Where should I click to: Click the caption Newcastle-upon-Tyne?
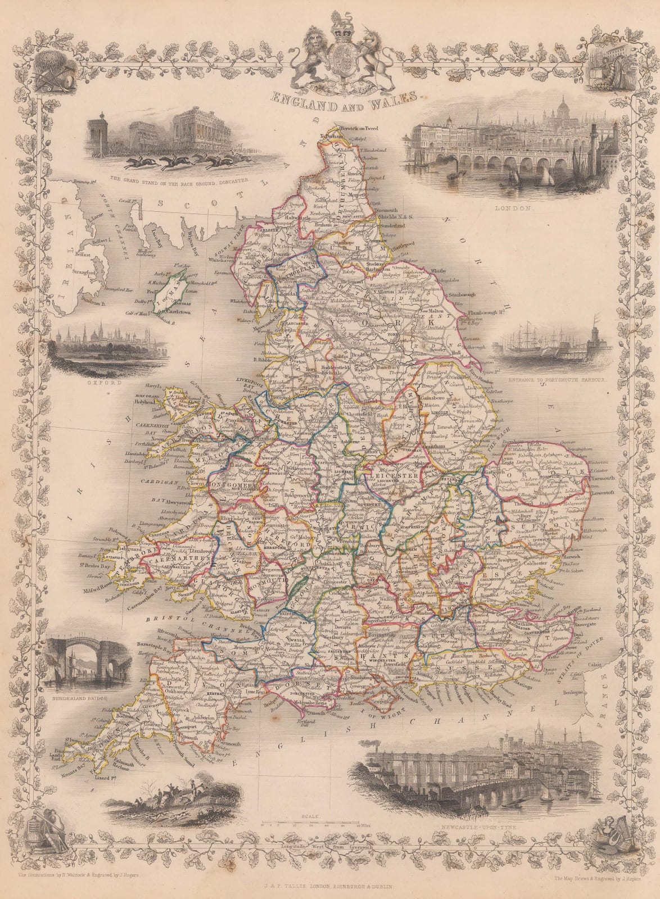pyautogui.click(x=487, y=828)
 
